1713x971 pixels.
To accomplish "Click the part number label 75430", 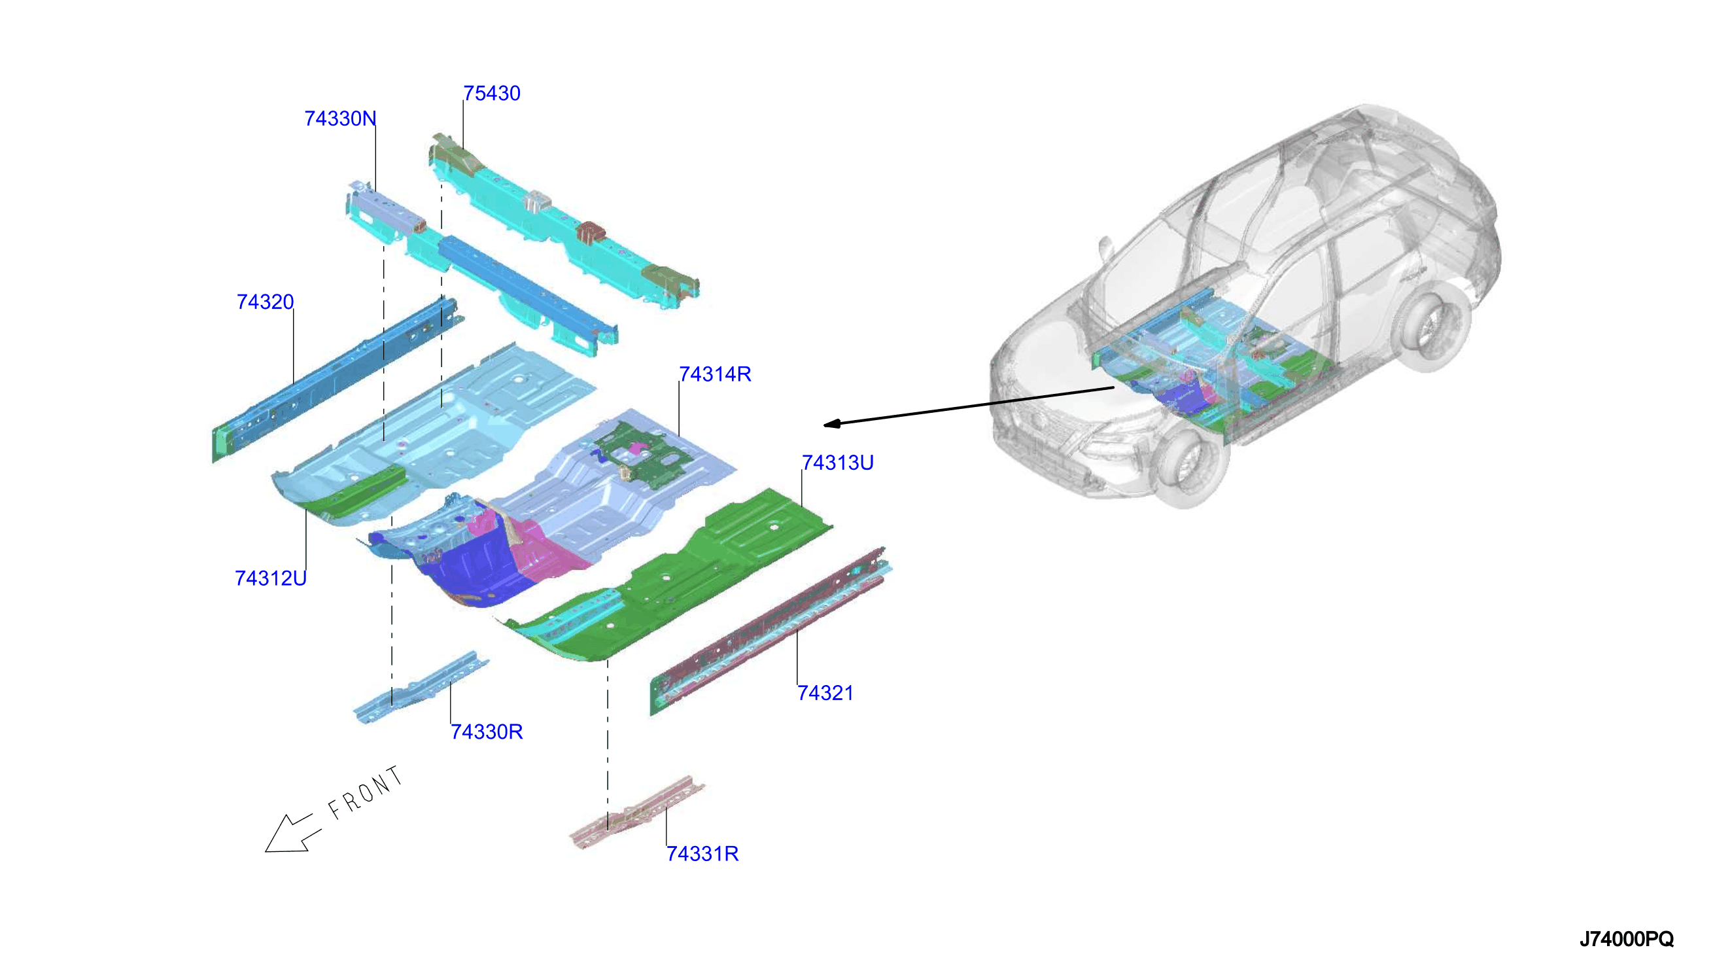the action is coord(491,94).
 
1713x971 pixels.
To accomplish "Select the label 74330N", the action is coord(340,118).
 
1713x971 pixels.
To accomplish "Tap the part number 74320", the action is coord(265,302).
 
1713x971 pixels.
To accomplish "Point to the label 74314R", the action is coord(714,374).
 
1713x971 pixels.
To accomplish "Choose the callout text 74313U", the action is coord(837,463).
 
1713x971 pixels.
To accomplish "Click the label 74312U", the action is coord(271,578).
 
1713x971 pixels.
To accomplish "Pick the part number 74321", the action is coord(825,694).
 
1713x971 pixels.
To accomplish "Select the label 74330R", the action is coord(487,732).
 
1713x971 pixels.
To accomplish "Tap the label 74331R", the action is coord(702,854).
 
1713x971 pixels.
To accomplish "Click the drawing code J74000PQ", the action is coord(1627,939).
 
